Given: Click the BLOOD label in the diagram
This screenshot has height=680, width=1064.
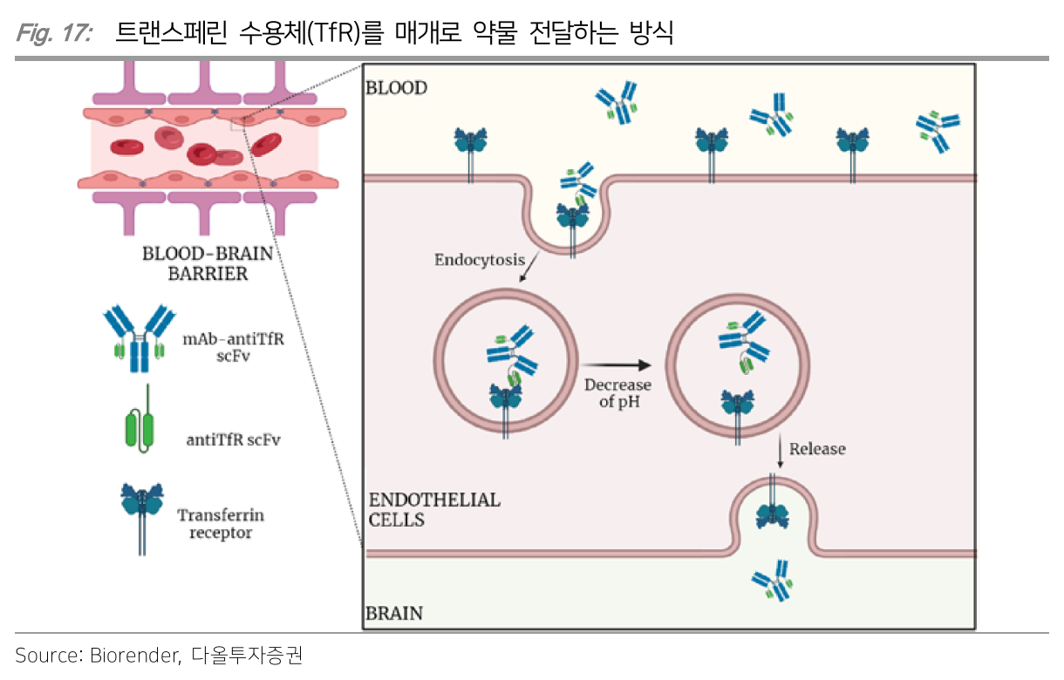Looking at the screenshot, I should tap(397, 88).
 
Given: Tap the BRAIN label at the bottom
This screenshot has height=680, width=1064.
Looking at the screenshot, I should tap(394, 613).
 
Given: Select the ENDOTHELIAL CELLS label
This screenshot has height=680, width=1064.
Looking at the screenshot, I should tap(434, 509).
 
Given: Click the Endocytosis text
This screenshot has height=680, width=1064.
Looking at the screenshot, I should tap(480, 260).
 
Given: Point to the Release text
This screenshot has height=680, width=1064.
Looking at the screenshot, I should tap(817, 449).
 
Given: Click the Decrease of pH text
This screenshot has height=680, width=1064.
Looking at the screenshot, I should tap(618, 393).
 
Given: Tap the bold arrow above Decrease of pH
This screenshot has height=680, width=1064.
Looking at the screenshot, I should tap(617, 365).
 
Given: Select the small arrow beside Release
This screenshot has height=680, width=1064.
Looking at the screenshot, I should tap(778, 451).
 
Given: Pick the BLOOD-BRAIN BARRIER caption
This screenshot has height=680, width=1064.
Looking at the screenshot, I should tap(208, 263).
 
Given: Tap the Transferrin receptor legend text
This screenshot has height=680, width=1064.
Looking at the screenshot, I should tap(221, 523).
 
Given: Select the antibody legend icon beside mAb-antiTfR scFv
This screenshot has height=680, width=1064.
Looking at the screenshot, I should tap(137, 338).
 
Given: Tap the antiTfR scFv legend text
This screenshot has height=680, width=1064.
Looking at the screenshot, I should tap(234, 439).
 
